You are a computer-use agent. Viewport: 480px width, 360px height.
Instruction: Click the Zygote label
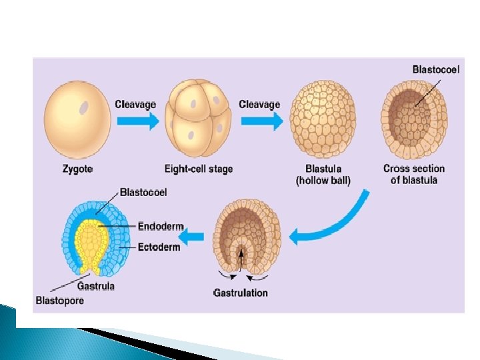tap(77, 169)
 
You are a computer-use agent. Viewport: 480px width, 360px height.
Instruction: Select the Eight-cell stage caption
tap(199, 169)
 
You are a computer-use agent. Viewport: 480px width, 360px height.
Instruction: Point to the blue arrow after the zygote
tap(136, 120)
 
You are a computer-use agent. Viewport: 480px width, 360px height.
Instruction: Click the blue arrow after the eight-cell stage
tap(261, 120)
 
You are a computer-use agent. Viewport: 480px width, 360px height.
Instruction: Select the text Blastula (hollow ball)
tap(323, 175)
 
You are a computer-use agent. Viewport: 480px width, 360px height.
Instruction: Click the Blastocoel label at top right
tap(436, 69)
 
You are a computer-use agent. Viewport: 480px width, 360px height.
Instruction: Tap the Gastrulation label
tap(241, 293)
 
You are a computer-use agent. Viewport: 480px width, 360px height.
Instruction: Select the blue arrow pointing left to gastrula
tap(193, 235)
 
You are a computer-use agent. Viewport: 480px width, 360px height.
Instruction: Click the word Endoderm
tap(161, 227)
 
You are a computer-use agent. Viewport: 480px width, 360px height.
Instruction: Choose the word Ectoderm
tap(159, 247)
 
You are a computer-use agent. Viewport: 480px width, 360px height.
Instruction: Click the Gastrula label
tap(96, 287)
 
